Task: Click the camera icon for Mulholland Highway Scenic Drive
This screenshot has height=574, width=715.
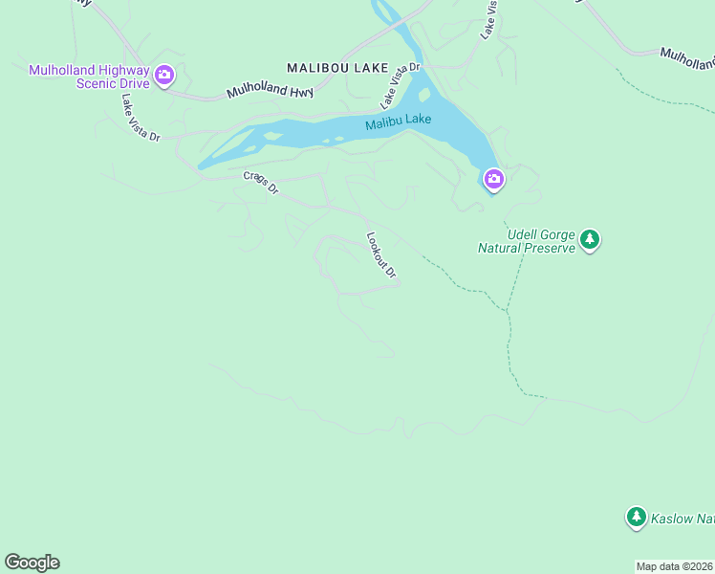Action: [x=164, y=75]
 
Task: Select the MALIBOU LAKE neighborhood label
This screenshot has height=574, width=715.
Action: [x=338, y=68]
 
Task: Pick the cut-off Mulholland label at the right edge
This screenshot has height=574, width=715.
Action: [x=687, y=59]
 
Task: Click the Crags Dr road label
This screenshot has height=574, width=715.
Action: [x=260, y=183]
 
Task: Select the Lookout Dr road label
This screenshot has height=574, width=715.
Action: [x=382, y=256]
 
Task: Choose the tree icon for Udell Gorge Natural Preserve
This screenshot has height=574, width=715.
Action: [x=590, y=239]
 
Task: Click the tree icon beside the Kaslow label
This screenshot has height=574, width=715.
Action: [x=636, y=518]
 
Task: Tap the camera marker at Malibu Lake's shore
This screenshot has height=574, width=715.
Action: [x=493, y=179]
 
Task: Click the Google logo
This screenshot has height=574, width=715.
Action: [x=32, y=563]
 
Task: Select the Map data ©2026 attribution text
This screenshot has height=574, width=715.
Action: [x=674, y=566]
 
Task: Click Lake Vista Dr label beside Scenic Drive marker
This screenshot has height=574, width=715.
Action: [x=140, y=118]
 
